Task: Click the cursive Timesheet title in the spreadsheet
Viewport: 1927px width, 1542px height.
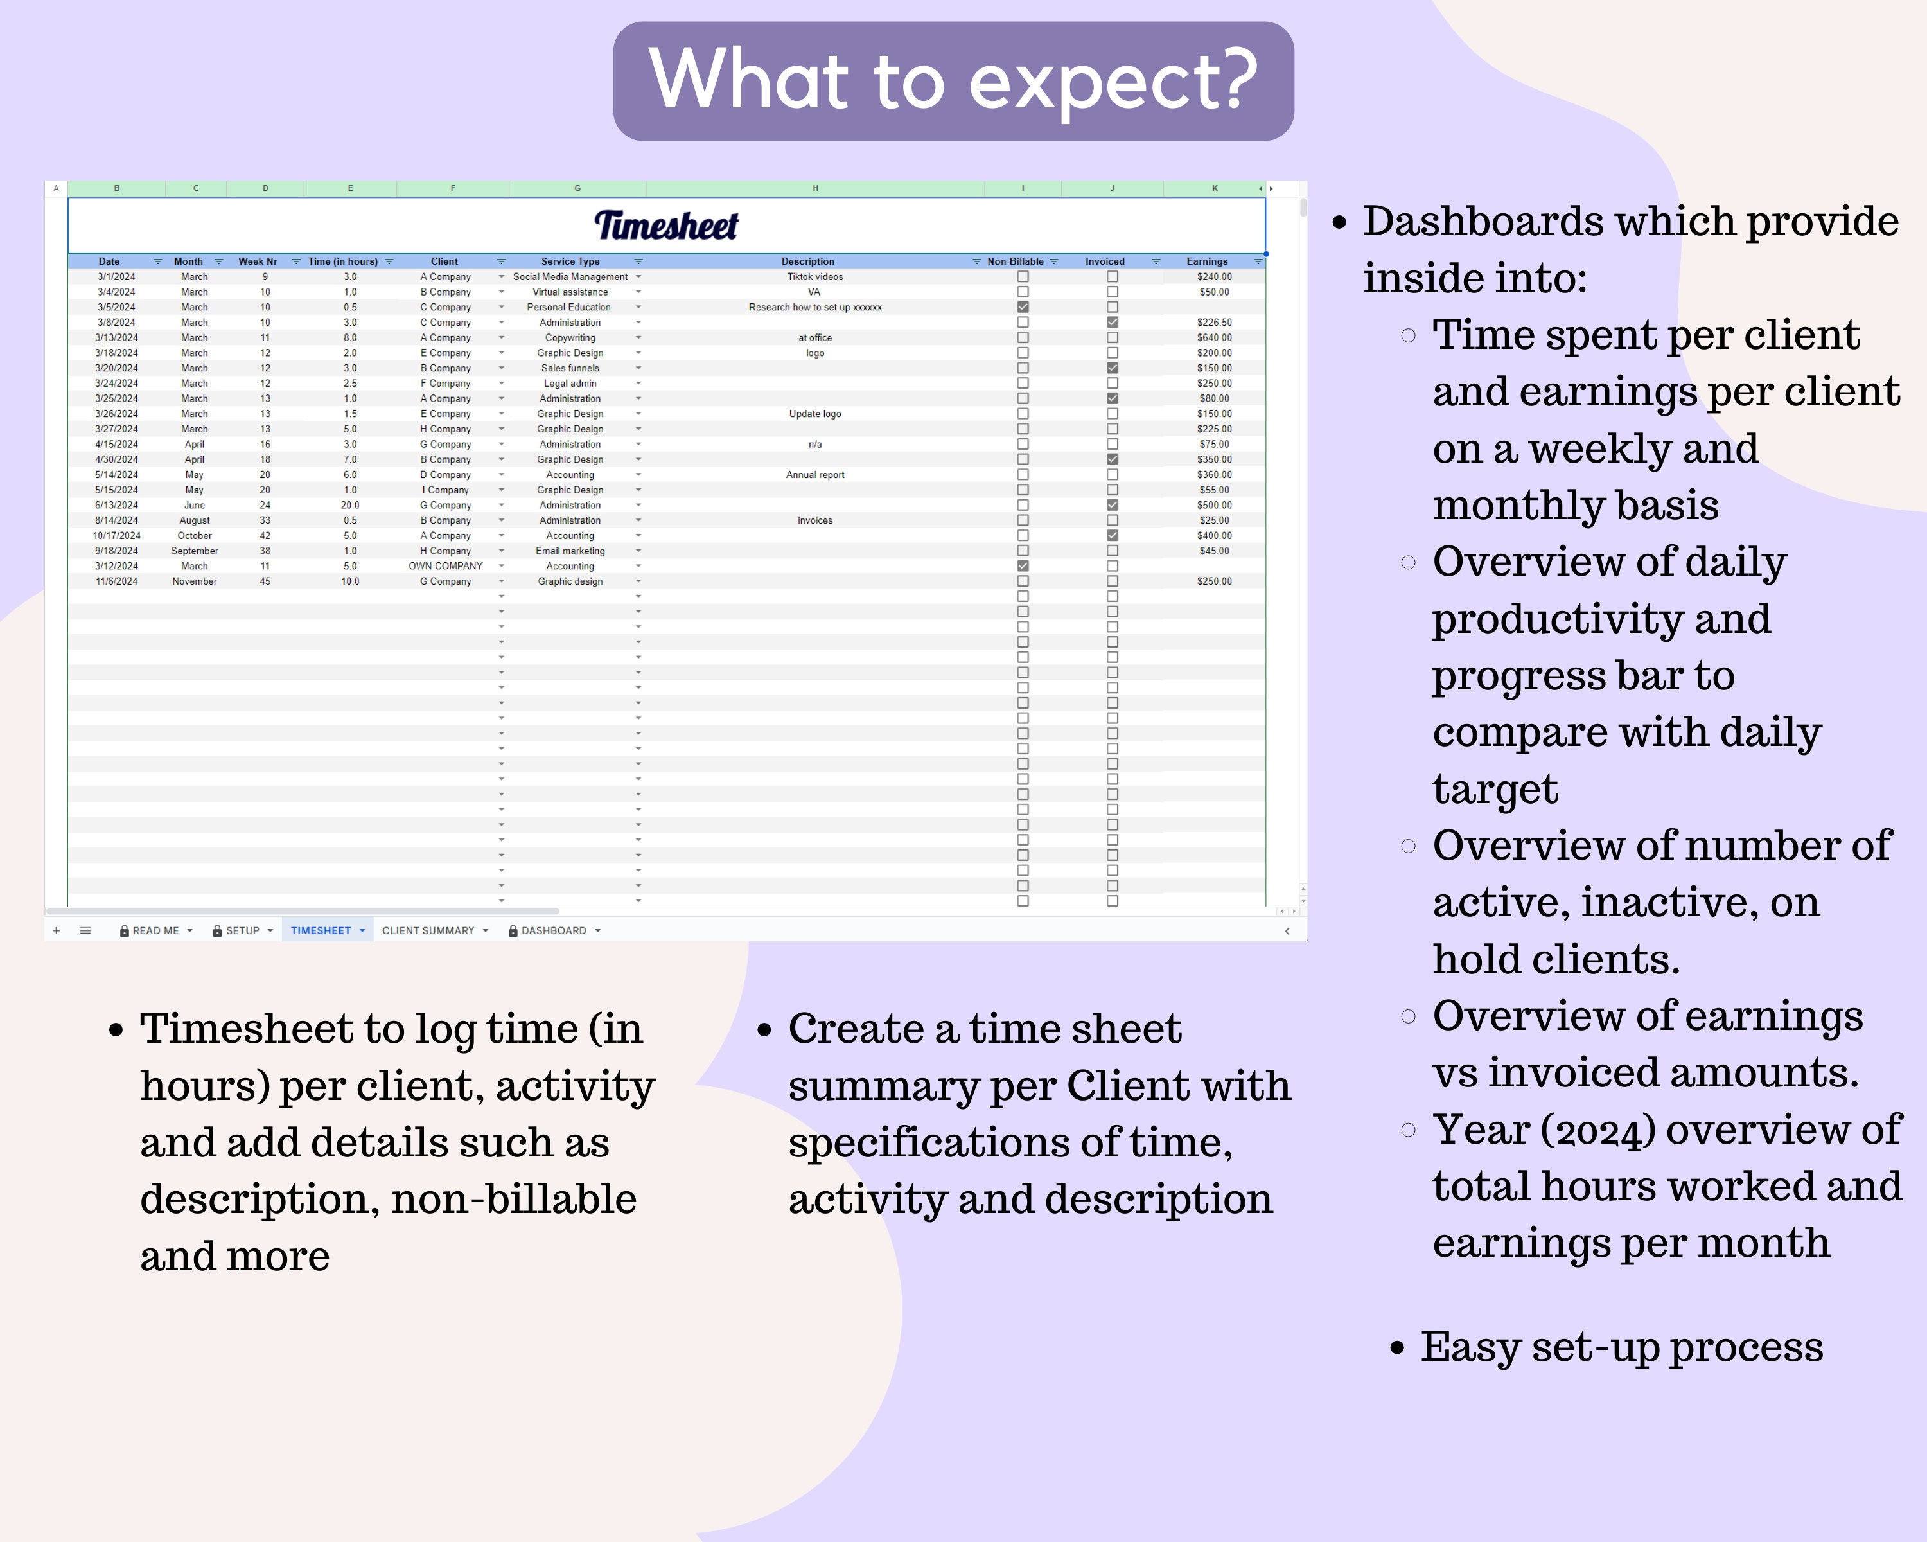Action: (x=667, y=226)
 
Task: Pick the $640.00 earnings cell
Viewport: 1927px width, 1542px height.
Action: (x=1215, y=338)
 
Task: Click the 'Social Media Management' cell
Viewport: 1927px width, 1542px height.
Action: (x=570, y=277)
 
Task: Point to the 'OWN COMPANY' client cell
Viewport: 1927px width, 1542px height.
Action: (x=445, y=567)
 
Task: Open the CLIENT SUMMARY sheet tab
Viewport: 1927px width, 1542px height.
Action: (x=428, y=930)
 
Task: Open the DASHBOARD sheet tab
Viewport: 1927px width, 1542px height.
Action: (x=553, y=930)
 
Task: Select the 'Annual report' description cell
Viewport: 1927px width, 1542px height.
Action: (x=815, y=475)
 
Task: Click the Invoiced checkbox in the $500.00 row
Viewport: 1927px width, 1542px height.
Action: (x=1112, y=505)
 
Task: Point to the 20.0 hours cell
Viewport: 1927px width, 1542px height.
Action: (x=350, y=506)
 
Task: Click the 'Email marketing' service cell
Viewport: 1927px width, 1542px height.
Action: (x=570, y=551)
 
